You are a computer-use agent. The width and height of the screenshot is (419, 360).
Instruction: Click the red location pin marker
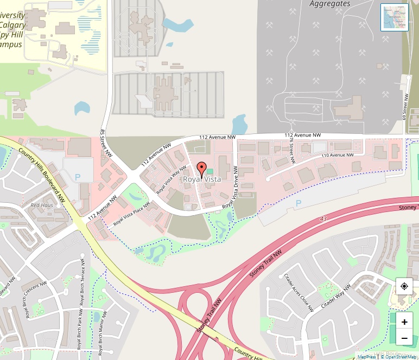tap(201, 169)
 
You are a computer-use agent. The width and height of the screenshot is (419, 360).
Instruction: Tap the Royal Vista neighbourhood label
tap(201, 179)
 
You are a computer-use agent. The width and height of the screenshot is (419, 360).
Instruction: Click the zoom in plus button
tap(404, 322)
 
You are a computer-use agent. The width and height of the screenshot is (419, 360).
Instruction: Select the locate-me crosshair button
tap(404, 286)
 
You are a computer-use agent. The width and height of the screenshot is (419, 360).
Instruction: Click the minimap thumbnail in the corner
tap(395, 17)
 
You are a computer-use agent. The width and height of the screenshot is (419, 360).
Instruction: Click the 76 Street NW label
tap(291, 150)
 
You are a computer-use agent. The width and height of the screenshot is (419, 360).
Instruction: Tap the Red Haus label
tap(42, 205)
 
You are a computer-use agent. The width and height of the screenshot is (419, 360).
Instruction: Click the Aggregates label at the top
tap(330, 4)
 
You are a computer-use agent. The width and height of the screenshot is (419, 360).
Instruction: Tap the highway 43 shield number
tap(324, 218)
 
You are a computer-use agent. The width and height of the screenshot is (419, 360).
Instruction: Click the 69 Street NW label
tap(405, 107)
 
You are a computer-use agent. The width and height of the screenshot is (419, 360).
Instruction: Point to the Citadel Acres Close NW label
tap(299, 292)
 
